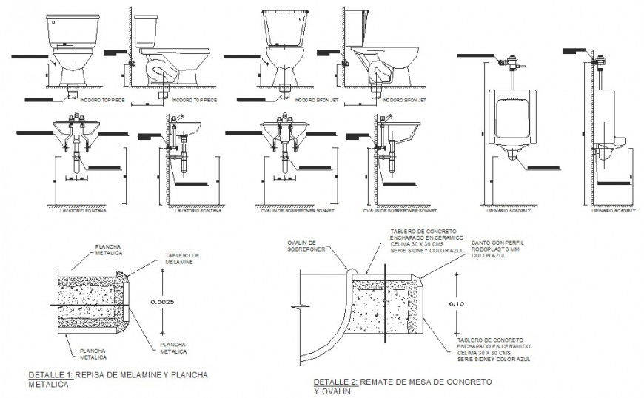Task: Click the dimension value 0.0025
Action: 162,302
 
